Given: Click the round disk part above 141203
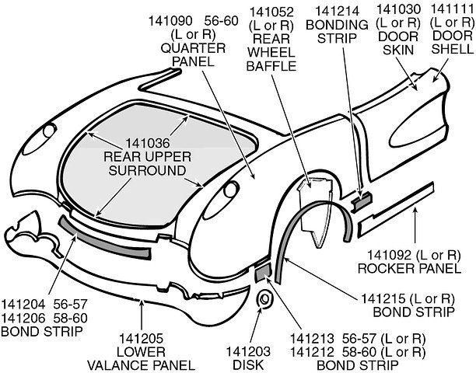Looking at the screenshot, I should click(x=262, y=298).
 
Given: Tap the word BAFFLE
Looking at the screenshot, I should click(x=273, y=66).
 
